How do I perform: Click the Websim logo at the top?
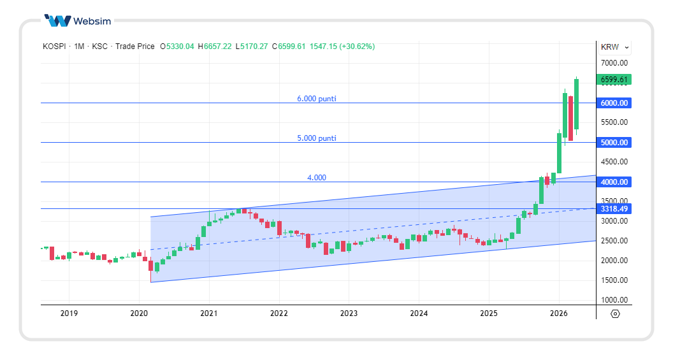78,20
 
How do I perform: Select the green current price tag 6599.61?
614,80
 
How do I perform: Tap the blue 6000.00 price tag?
614,103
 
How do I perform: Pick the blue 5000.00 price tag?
614,143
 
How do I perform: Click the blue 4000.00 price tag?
614,182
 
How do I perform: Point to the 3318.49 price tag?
614,209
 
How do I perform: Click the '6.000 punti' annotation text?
317,99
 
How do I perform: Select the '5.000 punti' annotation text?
317,138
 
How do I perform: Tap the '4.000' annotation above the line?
317,178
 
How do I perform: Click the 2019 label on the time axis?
69,313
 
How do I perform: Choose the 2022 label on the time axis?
279,313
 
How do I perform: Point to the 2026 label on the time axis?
558,313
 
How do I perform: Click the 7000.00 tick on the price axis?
614,63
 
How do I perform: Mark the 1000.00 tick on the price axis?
614,300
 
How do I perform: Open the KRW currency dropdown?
614,47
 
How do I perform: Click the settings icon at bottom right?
615,313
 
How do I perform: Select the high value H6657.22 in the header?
215,47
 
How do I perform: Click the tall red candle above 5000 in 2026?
571,119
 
